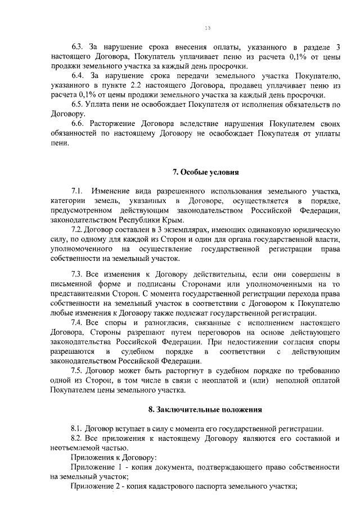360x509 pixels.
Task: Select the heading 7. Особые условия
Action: coord(205,172)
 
